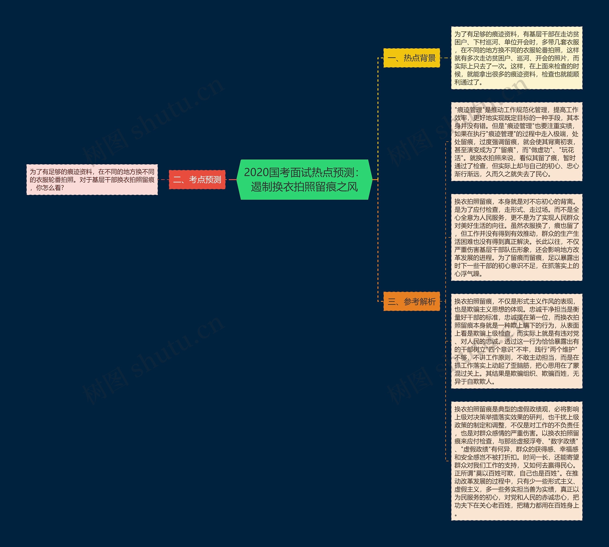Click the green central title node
304,179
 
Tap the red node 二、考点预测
197,180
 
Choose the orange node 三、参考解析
411,301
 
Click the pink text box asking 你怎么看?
92,180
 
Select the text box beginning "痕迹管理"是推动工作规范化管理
516,142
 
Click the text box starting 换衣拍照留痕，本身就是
516,237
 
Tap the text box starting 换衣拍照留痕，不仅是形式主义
516,341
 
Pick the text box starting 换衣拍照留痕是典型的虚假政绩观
516,461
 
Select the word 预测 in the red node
213,180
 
